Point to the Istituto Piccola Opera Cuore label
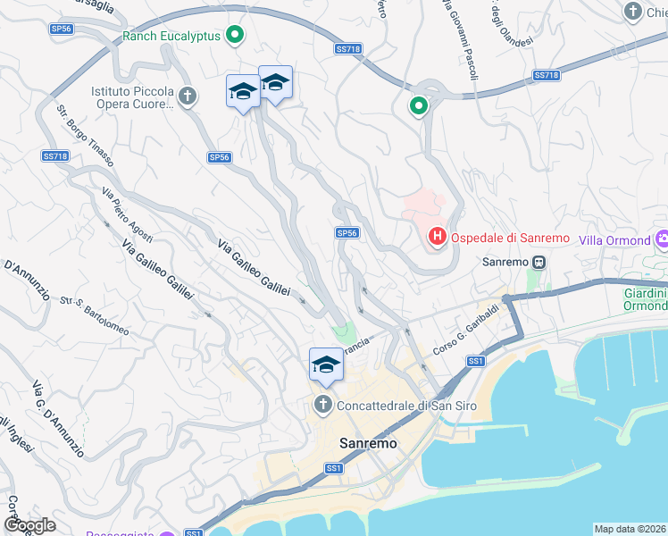132,98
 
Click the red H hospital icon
438,238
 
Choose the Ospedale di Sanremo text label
509,238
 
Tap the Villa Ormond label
614,240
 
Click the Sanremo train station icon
539,263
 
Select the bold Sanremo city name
368,442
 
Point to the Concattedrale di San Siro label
406,406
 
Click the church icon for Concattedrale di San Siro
323,405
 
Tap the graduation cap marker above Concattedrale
326,364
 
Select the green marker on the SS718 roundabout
418,107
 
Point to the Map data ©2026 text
630,529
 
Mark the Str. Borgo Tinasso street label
86,136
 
